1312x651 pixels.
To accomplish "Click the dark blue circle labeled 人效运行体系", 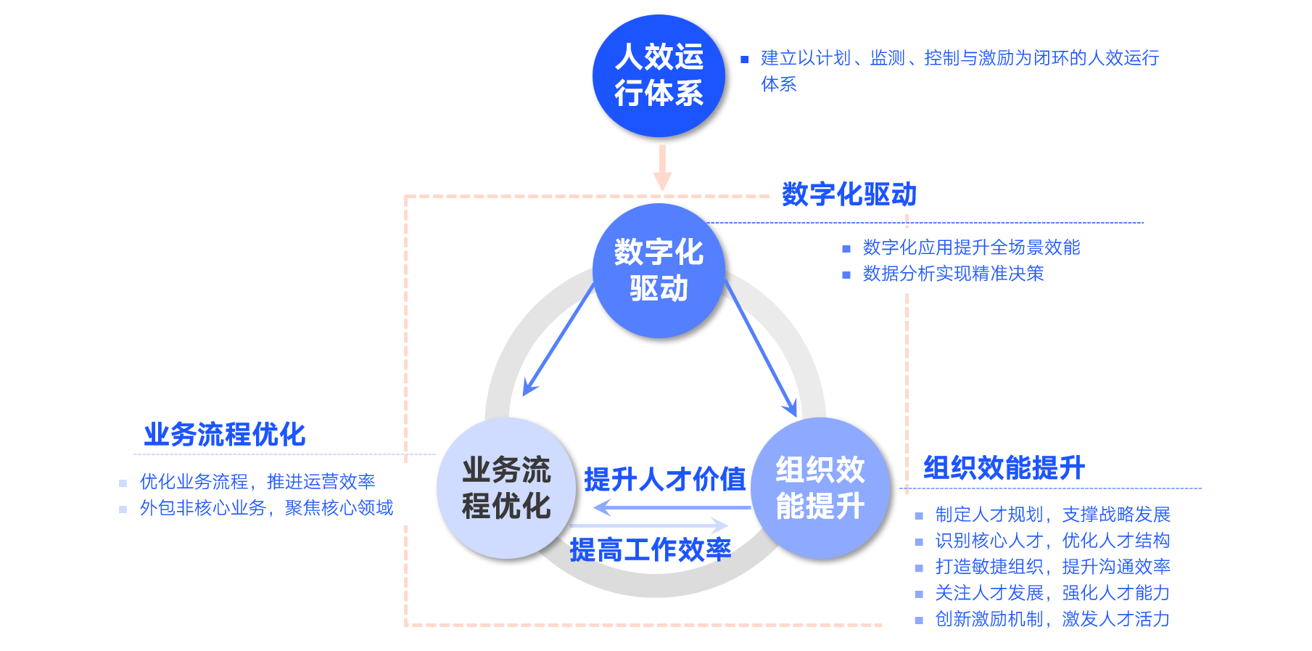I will click(659, 75).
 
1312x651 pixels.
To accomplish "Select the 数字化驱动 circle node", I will click(659, 270).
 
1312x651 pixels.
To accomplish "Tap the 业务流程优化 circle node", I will click(506, 488).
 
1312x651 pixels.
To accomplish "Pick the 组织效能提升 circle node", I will click(820, 488).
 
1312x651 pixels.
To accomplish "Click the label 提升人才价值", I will click(664, 479).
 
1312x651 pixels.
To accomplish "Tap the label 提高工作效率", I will click(650, 549).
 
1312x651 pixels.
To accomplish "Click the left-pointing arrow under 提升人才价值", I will click(671, 507).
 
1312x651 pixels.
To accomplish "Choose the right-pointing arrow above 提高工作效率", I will click(649, 525).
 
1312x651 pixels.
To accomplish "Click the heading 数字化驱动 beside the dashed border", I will click(849, 195).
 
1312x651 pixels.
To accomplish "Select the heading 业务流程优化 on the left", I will click(224, 434).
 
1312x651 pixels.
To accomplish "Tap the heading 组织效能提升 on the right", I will click(1004, 467).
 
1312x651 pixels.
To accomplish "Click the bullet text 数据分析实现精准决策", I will click(953, 274).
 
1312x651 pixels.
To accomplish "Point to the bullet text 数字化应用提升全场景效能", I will click(971, 247).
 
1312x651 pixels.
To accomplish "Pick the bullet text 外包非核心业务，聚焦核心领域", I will click(266, 508).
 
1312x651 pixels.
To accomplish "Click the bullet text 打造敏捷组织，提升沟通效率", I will click(1052, 567).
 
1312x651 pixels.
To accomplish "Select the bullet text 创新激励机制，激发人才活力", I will click(1052, 619).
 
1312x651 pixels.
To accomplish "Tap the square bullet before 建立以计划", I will click(744, 60).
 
